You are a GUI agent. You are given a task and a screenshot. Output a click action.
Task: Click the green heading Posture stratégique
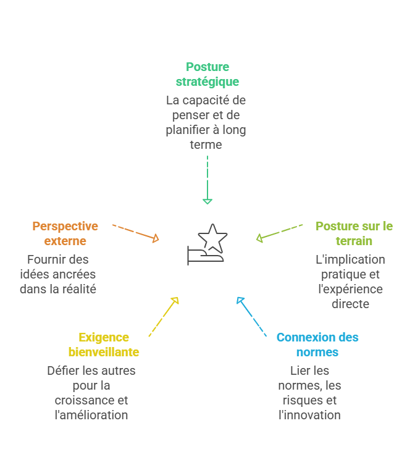[x=207, y=74]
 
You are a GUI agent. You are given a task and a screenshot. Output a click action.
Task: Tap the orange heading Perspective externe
[x=65, y=233]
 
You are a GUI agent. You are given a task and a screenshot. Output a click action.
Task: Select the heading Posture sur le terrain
[x=354, y=233]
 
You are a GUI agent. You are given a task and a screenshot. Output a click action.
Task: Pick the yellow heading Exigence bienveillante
[x=103, y=345]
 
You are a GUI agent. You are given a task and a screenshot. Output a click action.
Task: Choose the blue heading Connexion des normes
[x=317, y=345]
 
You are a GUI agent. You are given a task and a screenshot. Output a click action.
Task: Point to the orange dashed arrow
[x=136, y=232]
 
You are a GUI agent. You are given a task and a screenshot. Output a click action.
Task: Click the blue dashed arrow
[x=251, y=317]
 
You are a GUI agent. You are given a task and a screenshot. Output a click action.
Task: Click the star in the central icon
[x=212, y=236]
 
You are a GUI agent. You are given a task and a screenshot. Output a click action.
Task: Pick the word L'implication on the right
[x=350, y=259]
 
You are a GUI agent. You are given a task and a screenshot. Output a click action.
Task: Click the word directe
[x=350, y=304]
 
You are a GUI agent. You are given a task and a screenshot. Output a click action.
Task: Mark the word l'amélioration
[x=91, y=415]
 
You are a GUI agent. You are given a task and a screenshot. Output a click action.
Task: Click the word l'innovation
[x=309, y=415]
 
